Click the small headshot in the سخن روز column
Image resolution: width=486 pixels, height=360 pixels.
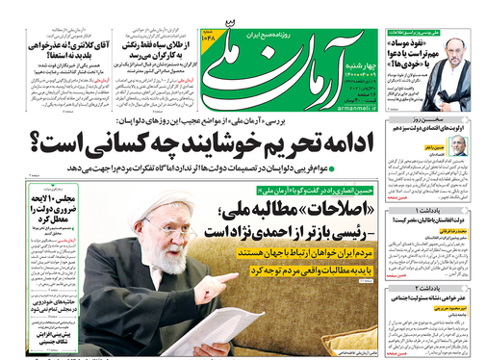point(462,144)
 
